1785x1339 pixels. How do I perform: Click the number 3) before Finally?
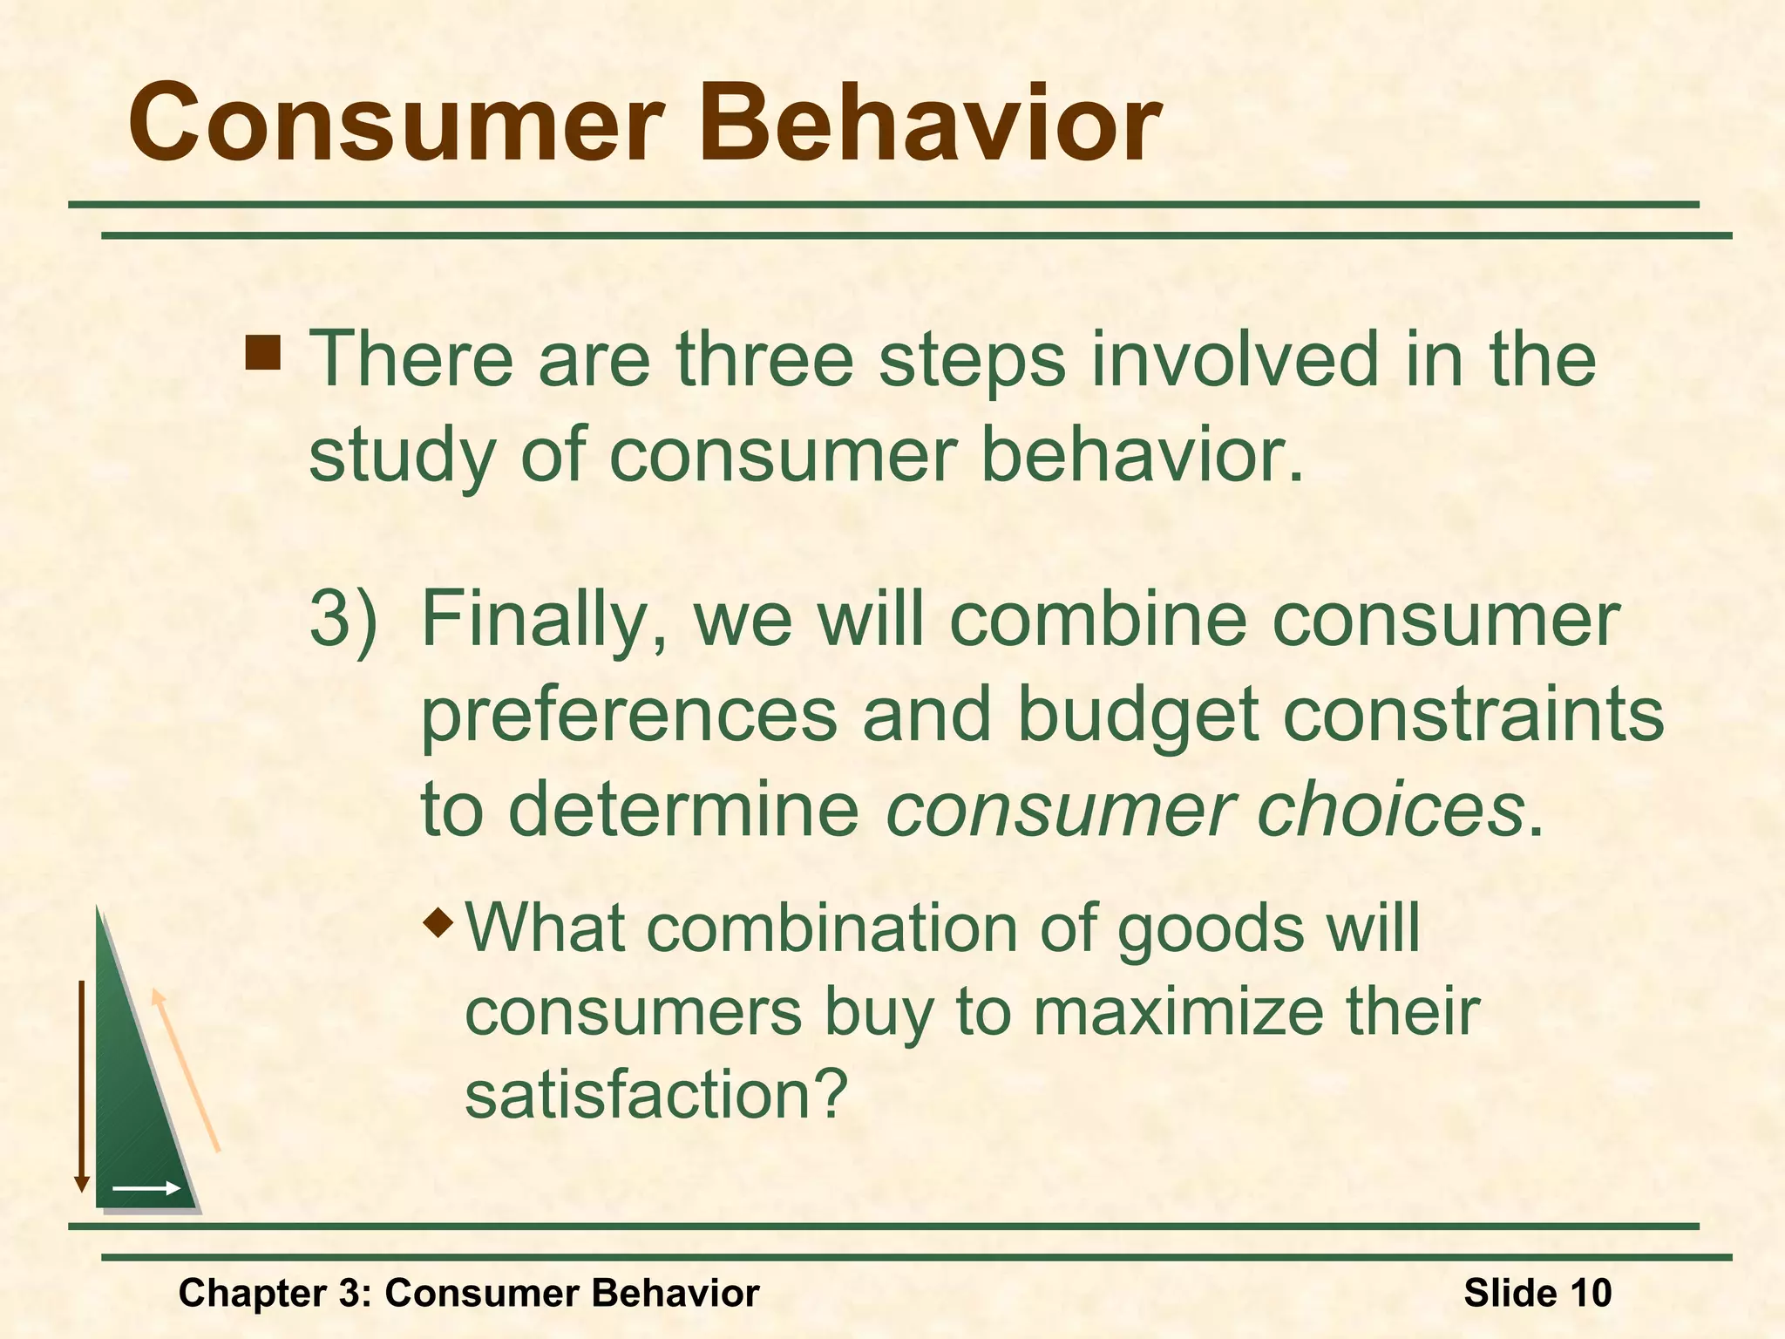[343, 620]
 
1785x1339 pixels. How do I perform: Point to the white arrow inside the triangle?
[146, 1188]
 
